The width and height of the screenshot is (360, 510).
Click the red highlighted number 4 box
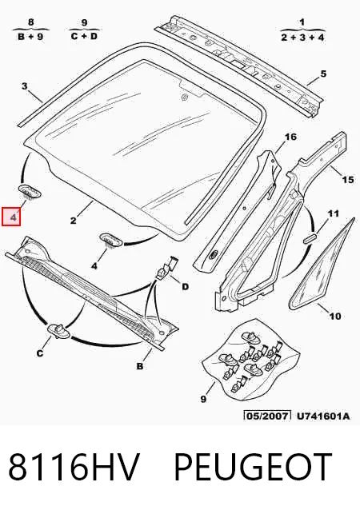point(11,217)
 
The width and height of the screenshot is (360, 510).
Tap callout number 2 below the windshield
point(74,221)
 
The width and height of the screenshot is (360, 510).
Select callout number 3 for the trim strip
point(25,86)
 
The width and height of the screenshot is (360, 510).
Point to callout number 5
point(323,74)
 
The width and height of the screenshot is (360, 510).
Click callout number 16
point(290,137)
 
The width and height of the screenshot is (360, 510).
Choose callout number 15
point(348,180)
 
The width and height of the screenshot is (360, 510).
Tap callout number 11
point(334,213)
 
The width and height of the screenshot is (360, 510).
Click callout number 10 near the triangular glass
point(335,316)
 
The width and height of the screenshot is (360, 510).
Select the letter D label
point(185,286)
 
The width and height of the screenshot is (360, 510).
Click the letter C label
point(40,353)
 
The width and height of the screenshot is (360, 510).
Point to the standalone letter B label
point(140,366)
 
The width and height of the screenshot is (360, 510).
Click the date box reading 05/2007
point(267,416)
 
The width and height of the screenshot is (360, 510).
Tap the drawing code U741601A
point(323,416)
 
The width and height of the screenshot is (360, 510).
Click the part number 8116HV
point(74,467)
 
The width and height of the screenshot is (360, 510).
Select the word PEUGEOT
point(253,467)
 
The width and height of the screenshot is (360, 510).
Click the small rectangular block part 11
point(310,237)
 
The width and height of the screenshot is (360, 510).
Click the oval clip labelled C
point(59,330)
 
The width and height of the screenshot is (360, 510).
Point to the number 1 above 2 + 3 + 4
point(302,22)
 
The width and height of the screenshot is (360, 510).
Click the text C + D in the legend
point(84,36)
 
